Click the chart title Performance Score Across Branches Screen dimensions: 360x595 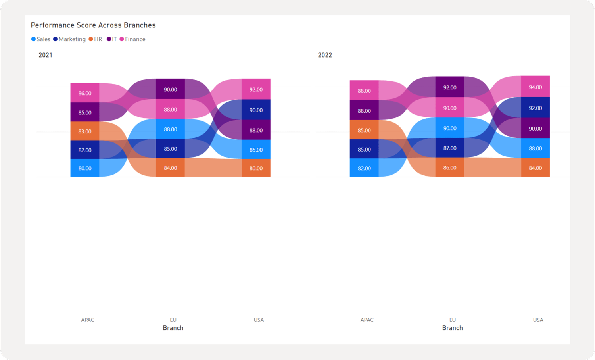[x=93, y=25]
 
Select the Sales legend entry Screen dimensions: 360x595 [x=41, y=39]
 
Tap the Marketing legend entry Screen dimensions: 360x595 [x=69, y=39]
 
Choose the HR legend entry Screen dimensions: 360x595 [x=96, y=39]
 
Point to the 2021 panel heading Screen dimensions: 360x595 [x=45, y=55]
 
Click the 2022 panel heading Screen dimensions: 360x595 [x=325, y=55]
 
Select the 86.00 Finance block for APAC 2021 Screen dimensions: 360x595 [x=85, y=93]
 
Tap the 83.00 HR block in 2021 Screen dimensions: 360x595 [x=85, y=131]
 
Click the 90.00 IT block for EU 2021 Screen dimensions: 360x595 [x=171, y=89]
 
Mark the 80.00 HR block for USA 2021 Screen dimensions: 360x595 [x=256, y=168]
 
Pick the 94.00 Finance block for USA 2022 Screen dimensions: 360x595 [x=535, y=87]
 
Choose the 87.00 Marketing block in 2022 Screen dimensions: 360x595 [x=450, y=148]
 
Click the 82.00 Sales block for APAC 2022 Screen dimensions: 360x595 [x=364, y=168]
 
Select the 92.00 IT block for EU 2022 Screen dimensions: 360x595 [x=450, y=87]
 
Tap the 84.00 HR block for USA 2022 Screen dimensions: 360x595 [x=535, y=167]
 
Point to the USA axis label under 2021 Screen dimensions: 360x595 [x=259, y=320]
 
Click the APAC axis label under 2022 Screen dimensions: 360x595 [x=367, y=320]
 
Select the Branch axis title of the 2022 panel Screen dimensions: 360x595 [x=452, y=328]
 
